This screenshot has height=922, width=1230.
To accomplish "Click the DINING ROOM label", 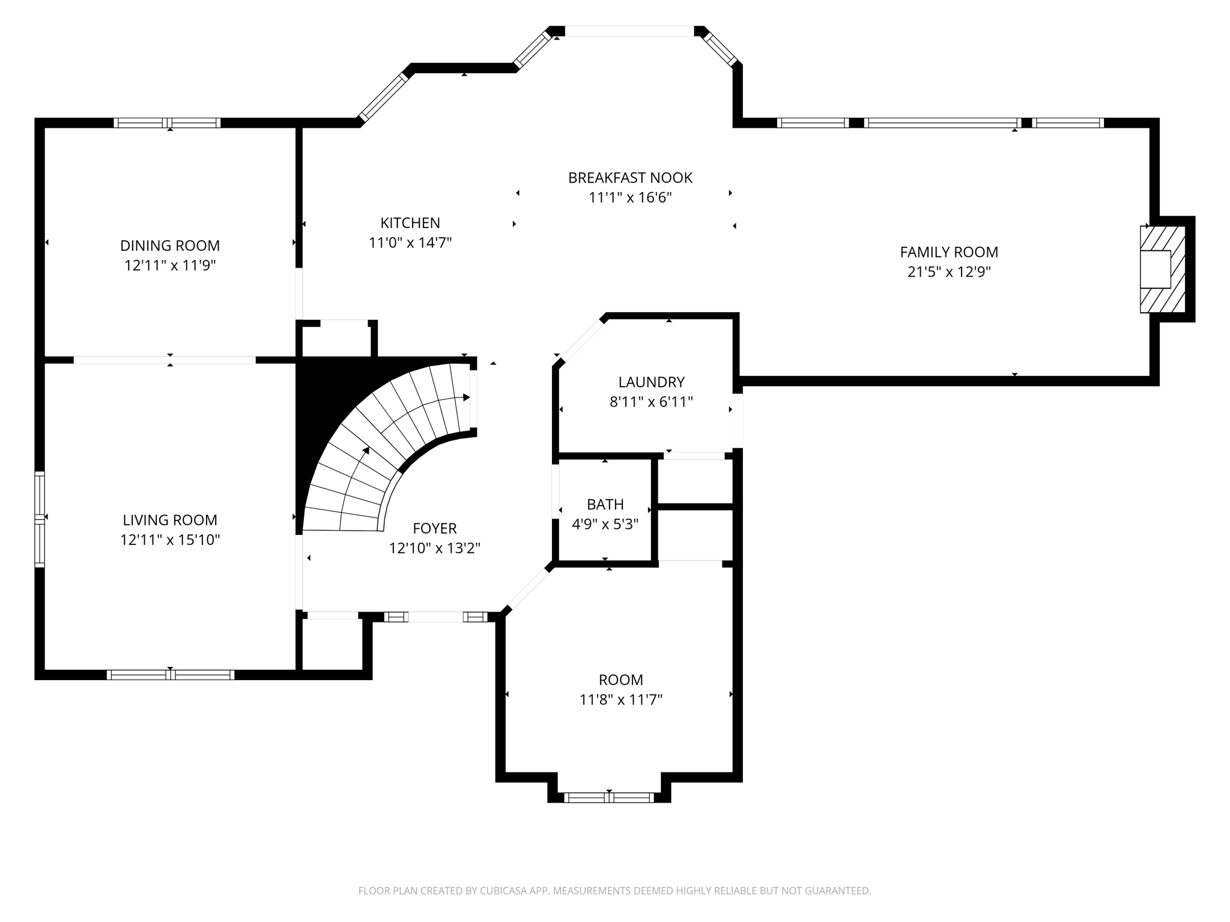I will click(170, 246).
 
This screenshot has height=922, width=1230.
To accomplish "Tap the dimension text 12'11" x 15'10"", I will click(170, 540).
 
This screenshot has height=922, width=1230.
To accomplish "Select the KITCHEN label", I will click(410, 223).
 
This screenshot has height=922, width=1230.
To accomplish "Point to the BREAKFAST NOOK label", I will click(630, 178).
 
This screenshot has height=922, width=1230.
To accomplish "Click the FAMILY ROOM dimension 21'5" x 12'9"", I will click(948, 272).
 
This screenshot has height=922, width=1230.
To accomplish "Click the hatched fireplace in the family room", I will click(1163, 270).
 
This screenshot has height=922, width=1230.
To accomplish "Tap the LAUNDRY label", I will click(651, 382).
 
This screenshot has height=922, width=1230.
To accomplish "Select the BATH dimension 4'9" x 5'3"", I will click(605, 524).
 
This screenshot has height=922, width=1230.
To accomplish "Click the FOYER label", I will click(435, 528).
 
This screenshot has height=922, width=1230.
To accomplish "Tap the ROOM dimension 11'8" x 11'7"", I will click(621, 699).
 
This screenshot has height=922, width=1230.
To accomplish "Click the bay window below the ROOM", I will click(609, 798).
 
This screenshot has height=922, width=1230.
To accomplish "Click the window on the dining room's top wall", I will click(168, 123).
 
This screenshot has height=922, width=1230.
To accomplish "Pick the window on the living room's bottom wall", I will click(171, 675).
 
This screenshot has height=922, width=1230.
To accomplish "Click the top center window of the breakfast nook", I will click(629, 31).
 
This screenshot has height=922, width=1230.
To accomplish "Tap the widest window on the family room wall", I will click(942, 123).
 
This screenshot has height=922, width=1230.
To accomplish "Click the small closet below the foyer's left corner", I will click(332, 643).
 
